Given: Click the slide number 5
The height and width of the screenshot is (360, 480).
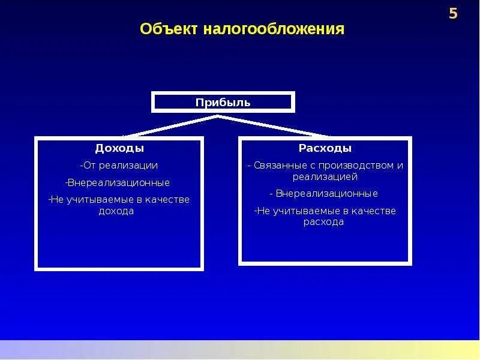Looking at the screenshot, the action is (x=454, y=14).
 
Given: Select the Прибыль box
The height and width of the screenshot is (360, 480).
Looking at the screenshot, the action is (x=223, y=102).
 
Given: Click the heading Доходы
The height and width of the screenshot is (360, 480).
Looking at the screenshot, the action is (x=119, y=148).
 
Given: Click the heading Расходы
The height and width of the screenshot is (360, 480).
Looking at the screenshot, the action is (x=325, y=148).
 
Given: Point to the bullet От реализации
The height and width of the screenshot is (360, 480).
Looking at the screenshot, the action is (x=119, y=165).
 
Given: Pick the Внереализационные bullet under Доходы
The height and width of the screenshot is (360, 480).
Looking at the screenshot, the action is (x=118, y=182).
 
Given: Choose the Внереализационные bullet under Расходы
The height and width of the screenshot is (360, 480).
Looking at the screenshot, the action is (x=324, y=194).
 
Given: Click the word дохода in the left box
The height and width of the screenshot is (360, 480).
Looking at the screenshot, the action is (x=116, y=211).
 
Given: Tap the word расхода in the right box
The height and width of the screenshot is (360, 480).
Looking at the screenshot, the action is (x=324, y=222).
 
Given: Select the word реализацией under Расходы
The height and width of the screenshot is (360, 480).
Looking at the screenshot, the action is (x=325, y=176).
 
